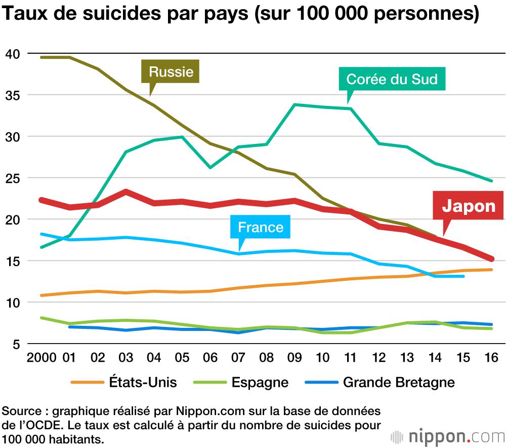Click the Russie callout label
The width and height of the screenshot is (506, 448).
click(x=171, y=71)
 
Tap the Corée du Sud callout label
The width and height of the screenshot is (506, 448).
click(x=392, y=79)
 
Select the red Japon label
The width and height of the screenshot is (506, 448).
click(x=469, y=206)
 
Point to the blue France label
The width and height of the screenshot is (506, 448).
click(x=261, y=227)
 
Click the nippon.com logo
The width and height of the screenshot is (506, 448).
click(x=447, y=436)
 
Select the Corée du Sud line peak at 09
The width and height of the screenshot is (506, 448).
click(x=294, y=105)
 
